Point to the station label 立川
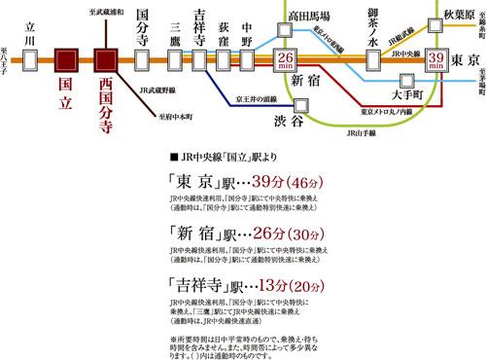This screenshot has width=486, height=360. [x=32, y=23]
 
